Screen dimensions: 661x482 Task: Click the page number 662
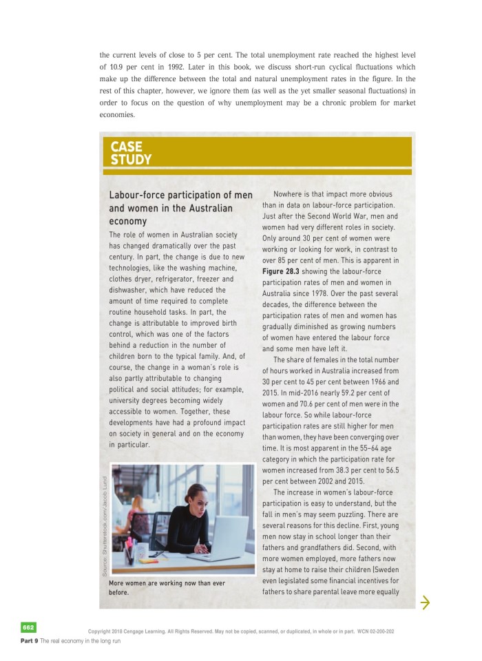[28, 627]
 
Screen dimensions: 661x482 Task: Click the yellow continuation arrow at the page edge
[425, 603]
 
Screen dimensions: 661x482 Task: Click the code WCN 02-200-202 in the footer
[371, 631]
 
